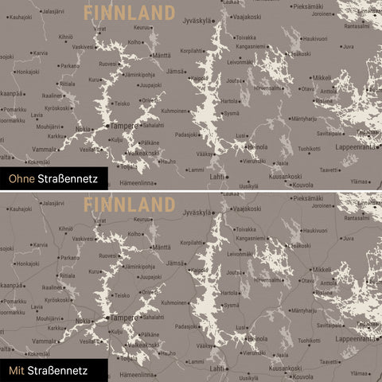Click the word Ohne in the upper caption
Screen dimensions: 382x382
[18, 180]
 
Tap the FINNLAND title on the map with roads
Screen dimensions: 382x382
[129, 204]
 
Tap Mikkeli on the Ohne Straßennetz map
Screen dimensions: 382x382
[322, 77]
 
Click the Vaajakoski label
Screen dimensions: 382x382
[246, 17]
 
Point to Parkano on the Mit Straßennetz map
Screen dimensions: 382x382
[69, 257]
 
